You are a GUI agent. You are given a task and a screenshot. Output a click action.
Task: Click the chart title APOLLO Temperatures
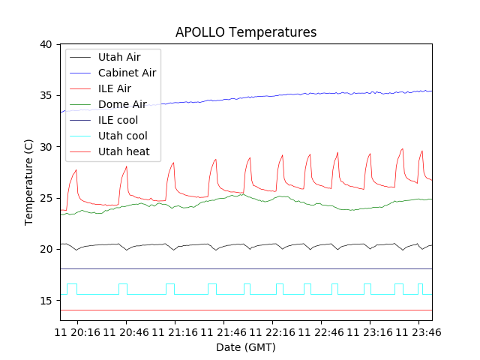pos(246,32)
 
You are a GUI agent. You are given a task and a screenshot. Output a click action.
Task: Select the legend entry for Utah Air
pos(118,57)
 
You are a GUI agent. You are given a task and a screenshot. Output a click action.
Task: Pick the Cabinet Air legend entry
pos(127,73)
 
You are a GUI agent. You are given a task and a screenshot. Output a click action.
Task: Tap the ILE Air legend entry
pos(115,88)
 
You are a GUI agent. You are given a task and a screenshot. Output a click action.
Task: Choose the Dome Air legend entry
pos(122,104)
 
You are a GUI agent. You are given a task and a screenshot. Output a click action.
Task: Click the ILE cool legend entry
pos(118,120)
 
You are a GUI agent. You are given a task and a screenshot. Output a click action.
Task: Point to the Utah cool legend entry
pos(122,136)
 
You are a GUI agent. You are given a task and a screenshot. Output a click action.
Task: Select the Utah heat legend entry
pos(124,151)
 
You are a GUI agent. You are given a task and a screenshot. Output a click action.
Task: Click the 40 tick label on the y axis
pos(46,44)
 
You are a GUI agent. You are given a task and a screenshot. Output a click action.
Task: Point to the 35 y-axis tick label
pos(46,95)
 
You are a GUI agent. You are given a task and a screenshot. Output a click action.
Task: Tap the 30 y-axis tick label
pos(46,147)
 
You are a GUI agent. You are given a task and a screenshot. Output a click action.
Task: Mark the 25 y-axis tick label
pos(46,198)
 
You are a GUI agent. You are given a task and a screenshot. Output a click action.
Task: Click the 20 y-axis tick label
pos(46,249)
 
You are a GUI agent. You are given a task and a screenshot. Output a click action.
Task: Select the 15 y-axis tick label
pos(46,300)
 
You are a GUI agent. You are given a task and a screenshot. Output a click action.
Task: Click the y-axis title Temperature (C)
pos(29,182)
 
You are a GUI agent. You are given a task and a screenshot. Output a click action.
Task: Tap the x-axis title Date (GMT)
pos(246,347)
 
